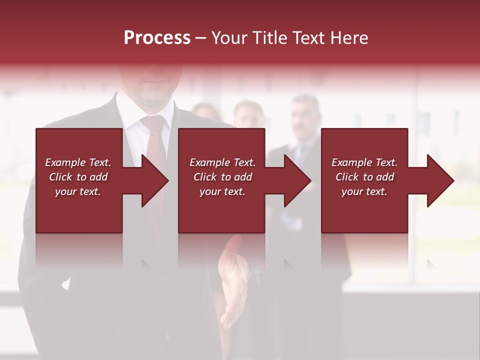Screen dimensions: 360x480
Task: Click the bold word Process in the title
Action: click(x=157, y=37)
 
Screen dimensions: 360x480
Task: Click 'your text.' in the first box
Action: click(x=78, y=191)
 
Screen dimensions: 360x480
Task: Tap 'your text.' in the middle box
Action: click(x=222, y=191)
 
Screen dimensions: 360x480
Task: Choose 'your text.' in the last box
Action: click(x=364, y=191)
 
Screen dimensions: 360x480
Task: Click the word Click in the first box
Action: click(x=60, y=177)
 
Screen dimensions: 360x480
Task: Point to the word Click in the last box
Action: click(x=347, y=177)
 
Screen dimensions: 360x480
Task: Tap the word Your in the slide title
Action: click(x=229, y=37)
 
